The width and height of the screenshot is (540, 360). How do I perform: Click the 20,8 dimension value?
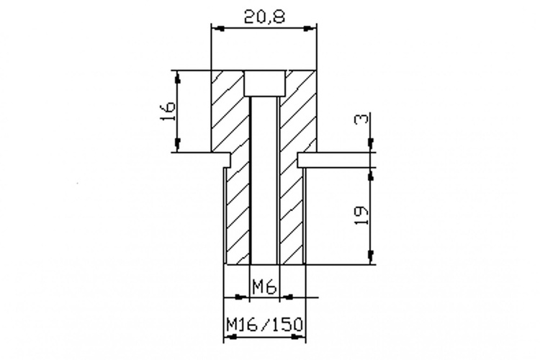[264, 16]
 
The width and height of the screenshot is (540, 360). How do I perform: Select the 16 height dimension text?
[168, 111]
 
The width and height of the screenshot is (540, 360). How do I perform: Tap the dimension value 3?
[361, 120]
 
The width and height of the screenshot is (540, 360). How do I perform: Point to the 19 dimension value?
[361, 215]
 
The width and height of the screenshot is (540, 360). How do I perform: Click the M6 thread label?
[264, 287]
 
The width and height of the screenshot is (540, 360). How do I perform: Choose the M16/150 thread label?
[264, 324]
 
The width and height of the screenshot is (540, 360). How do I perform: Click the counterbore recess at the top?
[265, 84]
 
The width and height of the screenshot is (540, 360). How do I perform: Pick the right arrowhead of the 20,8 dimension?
[310, 29]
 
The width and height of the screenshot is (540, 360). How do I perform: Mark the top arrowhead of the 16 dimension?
[178, 77]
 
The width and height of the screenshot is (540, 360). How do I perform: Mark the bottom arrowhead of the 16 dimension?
[178, 145]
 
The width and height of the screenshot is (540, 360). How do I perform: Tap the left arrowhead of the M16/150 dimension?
[230, 336]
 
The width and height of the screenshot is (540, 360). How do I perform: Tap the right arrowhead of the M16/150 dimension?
[298, 336]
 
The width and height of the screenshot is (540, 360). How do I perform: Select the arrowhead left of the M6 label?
[242, 297]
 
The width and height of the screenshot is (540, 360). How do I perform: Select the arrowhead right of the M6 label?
[287, 297]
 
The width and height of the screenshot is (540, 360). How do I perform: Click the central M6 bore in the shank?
[264, 180]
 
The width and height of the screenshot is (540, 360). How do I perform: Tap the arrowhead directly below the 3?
[371, 145]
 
